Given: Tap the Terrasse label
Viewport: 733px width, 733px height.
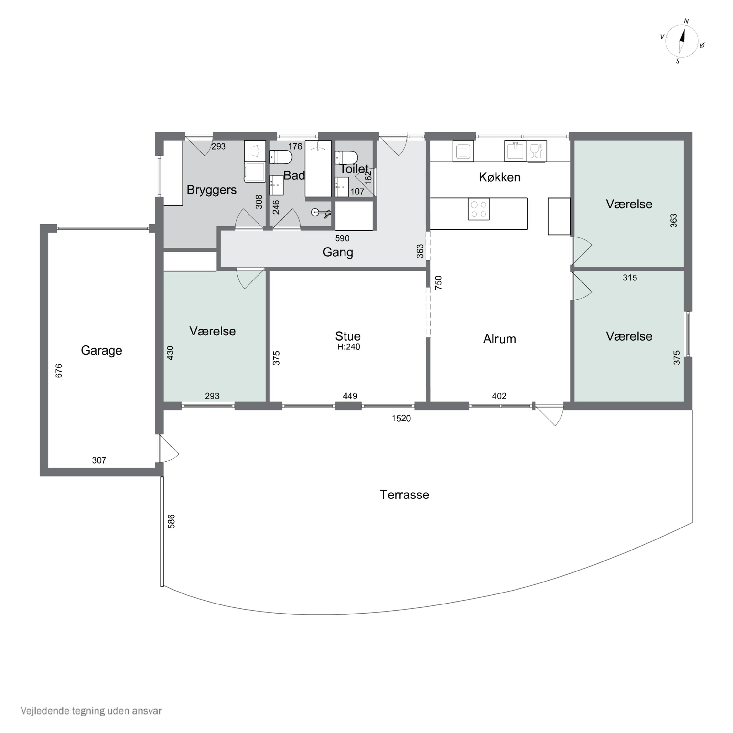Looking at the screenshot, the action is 404,495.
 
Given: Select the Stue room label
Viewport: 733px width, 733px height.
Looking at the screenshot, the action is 348,336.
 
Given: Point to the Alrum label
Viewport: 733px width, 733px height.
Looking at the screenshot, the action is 500,339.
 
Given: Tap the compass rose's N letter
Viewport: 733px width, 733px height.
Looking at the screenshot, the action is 686,21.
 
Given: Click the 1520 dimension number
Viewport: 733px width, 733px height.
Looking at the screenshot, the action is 401,419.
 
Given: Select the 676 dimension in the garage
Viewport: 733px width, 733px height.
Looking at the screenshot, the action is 59,371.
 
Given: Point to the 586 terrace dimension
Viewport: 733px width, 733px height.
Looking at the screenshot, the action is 172,522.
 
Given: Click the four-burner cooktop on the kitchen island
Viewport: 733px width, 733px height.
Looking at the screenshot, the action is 479,209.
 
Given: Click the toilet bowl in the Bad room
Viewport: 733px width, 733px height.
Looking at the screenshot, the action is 281,157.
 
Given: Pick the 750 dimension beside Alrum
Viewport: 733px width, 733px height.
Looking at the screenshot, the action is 439,283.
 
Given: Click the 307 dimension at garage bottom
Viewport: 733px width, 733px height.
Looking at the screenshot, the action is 99,461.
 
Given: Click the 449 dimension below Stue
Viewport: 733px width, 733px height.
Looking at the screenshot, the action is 350,396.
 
